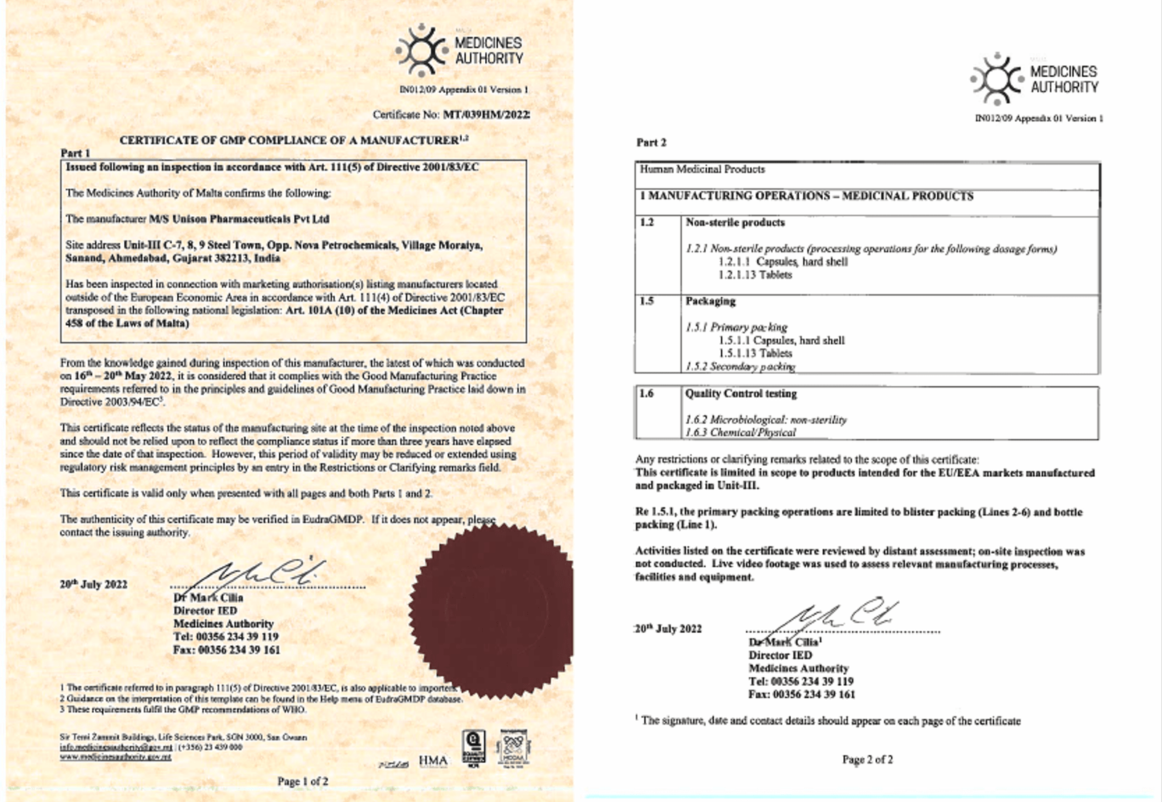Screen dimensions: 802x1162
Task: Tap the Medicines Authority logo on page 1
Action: coord(459,50)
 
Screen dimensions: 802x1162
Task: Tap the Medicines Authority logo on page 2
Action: coord(1035,78)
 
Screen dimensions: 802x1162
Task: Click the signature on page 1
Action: coord(261,573)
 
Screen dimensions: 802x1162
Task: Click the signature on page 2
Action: coord(835,616)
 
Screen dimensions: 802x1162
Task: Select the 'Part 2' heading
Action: coord(651,142)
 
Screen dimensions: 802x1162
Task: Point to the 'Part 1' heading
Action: coord(75,153)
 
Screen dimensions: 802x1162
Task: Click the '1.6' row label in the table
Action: coord(646,393)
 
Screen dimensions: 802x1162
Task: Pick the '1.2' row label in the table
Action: coord(646,222)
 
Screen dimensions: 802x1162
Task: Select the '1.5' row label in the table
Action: coord(646,301)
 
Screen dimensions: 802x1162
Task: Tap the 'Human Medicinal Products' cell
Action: coord(702,169)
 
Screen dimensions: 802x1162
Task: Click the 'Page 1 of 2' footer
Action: coord(303,781)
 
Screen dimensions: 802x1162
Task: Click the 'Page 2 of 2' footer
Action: coord(867,759)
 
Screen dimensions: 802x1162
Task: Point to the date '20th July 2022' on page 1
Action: coord(94,584)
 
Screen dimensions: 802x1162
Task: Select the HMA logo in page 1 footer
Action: coord(433,761)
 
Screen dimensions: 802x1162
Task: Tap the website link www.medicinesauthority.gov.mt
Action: coord(115,756)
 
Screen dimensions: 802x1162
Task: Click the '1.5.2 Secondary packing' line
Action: coord(740,367)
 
